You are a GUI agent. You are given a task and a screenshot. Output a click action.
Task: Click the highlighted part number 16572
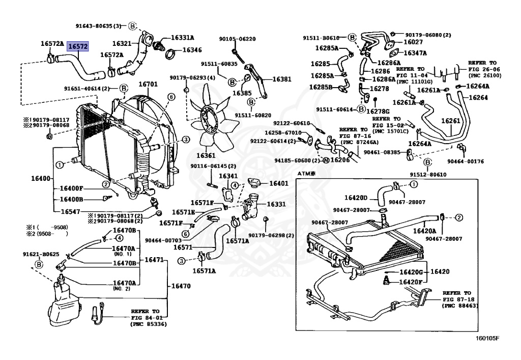click(x=78, y=46)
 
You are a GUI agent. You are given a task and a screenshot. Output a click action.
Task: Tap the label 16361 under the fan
click(x=206, y=155)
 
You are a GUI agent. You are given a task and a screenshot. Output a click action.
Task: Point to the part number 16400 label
click(x=41, y=179)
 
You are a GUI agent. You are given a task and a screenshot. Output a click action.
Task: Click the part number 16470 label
click(x=181, y=286)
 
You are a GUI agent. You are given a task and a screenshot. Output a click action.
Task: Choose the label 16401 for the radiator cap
click(x=278, y=183)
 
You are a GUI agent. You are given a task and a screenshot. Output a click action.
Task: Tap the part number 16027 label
click(x=413, y=42)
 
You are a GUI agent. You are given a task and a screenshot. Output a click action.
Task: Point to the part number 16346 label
click(x=192, y=50)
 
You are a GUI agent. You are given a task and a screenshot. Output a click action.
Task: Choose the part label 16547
click(x=70, y=211)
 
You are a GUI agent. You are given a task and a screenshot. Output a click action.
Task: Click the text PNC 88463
click(x=460, y=306)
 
